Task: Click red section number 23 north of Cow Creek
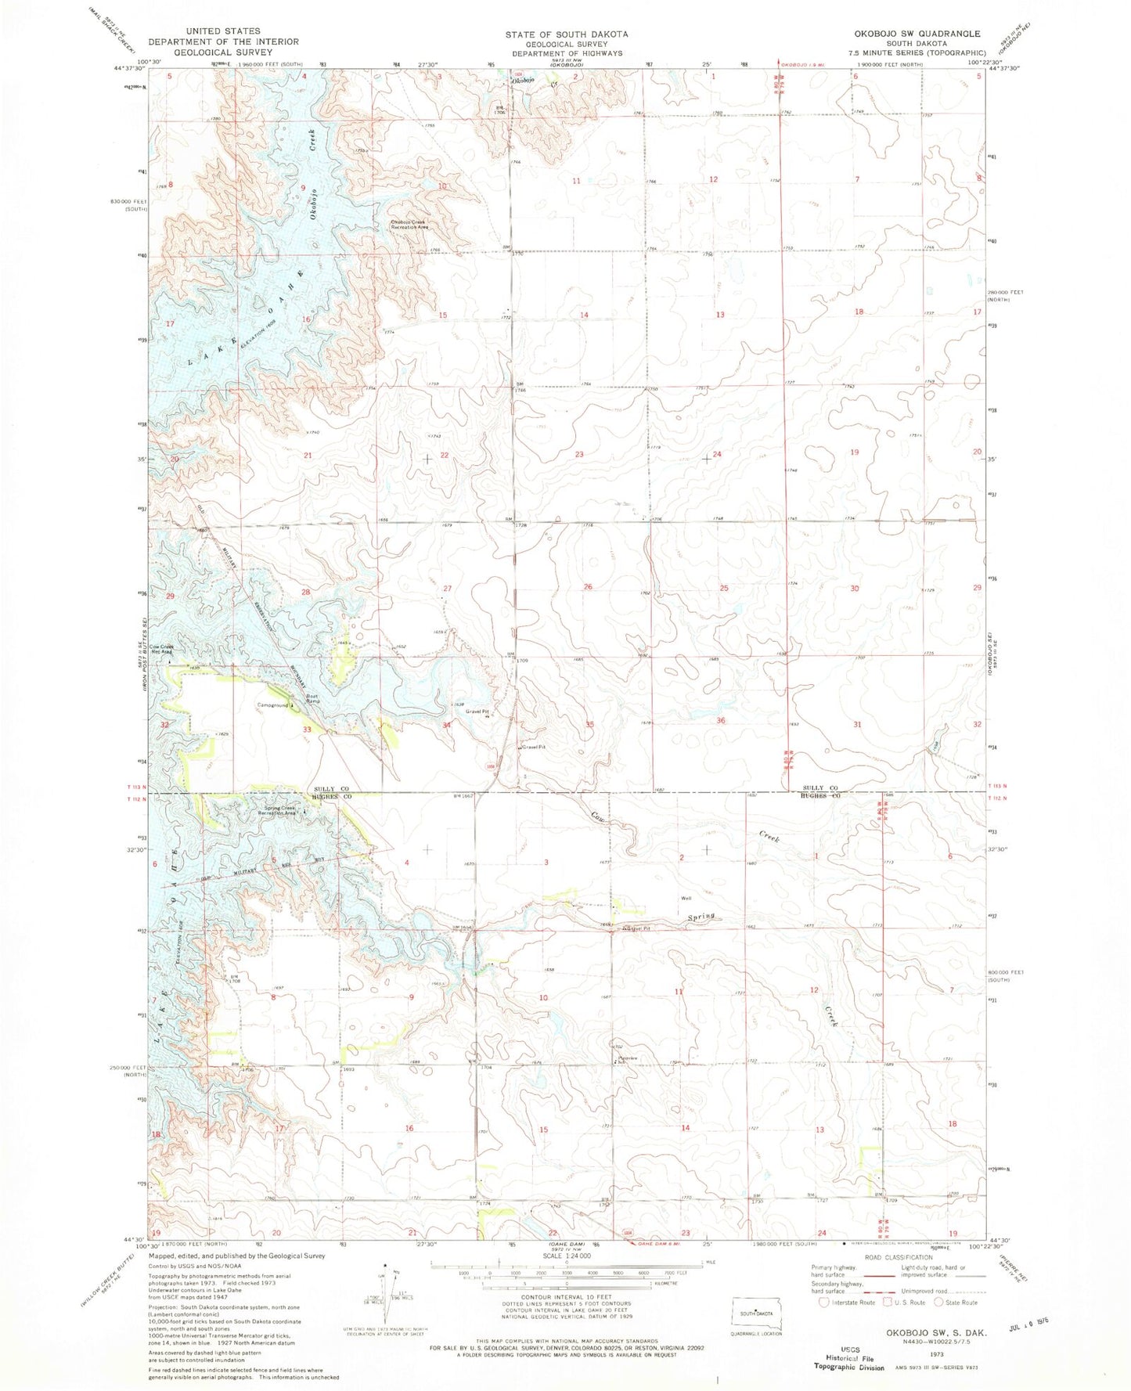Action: (579, 455)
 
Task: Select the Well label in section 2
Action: (685, 899)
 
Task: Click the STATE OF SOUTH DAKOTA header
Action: (565, 34)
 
